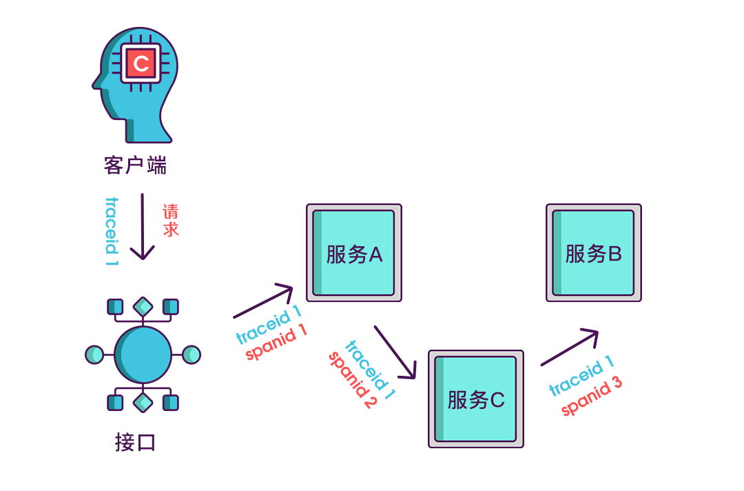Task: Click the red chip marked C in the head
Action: click(x=141, y=63)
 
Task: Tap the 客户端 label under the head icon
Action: click(x=136, y=166)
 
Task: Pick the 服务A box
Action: click(x=354, y=253)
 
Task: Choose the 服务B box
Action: click(x=594, y=253)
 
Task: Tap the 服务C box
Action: click(x=476, y=399)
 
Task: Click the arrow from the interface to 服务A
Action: click(x=265, y=301)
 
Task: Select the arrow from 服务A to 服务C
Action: click(x=395, y=352)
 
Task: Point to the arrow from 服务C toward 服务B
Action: click(x=570, y=348)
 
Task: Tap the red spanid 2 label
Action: click(x=352, y=380)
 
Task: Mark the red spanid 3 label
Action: click(x=592, y=397)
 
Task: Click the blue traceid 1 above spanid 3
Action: click(x=581, y=377)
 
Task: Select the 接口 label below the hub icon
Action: click(x=136, y=442)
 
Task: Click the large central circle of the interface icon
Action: click(x=143, y=354)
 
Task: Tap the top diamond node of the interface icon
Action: click(x=143, y=306)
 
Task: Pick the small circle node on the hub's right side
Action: click(x=192, y=354)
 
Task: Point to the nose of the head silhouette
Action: click(x=95, y=84)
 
